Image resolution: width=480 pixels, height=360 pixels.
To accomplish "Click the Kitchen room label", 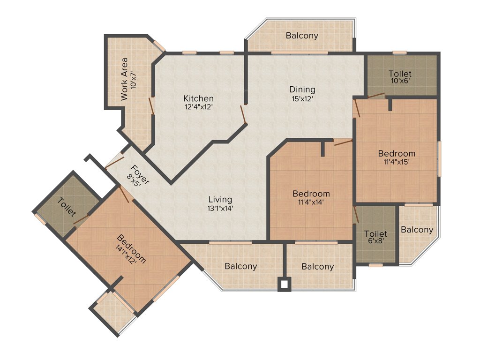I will pos(198,98).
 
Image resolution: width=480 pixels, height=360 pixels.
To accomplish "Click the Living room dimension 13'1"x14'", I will pos(220,209).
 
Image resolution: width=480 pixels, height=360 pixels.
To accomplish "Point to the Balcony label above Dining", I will pos(302,35).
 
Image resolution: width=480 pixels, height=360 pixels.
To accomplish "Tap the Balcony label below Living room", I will pos(240,266).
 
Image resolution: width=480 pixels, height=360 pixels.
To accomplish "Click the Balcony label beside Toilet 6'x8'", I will pos(417,230).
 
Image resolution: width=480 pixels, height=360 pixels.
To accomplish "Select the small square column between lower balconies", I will pos(284,284).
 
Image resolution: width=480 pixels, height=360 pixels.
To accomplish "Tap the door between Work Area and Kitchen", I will pos(151,105).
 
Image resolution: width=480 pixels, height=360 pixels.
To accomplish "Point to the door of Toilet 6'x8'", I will pos(356,214).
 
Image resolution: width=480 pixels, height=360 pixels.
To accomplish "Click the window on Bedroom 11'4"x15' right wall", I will pos(440,158).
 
